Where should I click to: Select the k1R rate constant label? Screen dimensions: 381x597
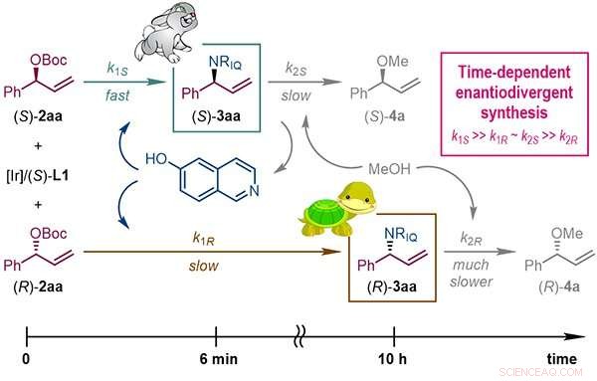click(x=188, y=239)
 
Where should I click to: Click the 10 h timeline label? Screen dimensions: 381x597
click(x=395, y=359)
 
